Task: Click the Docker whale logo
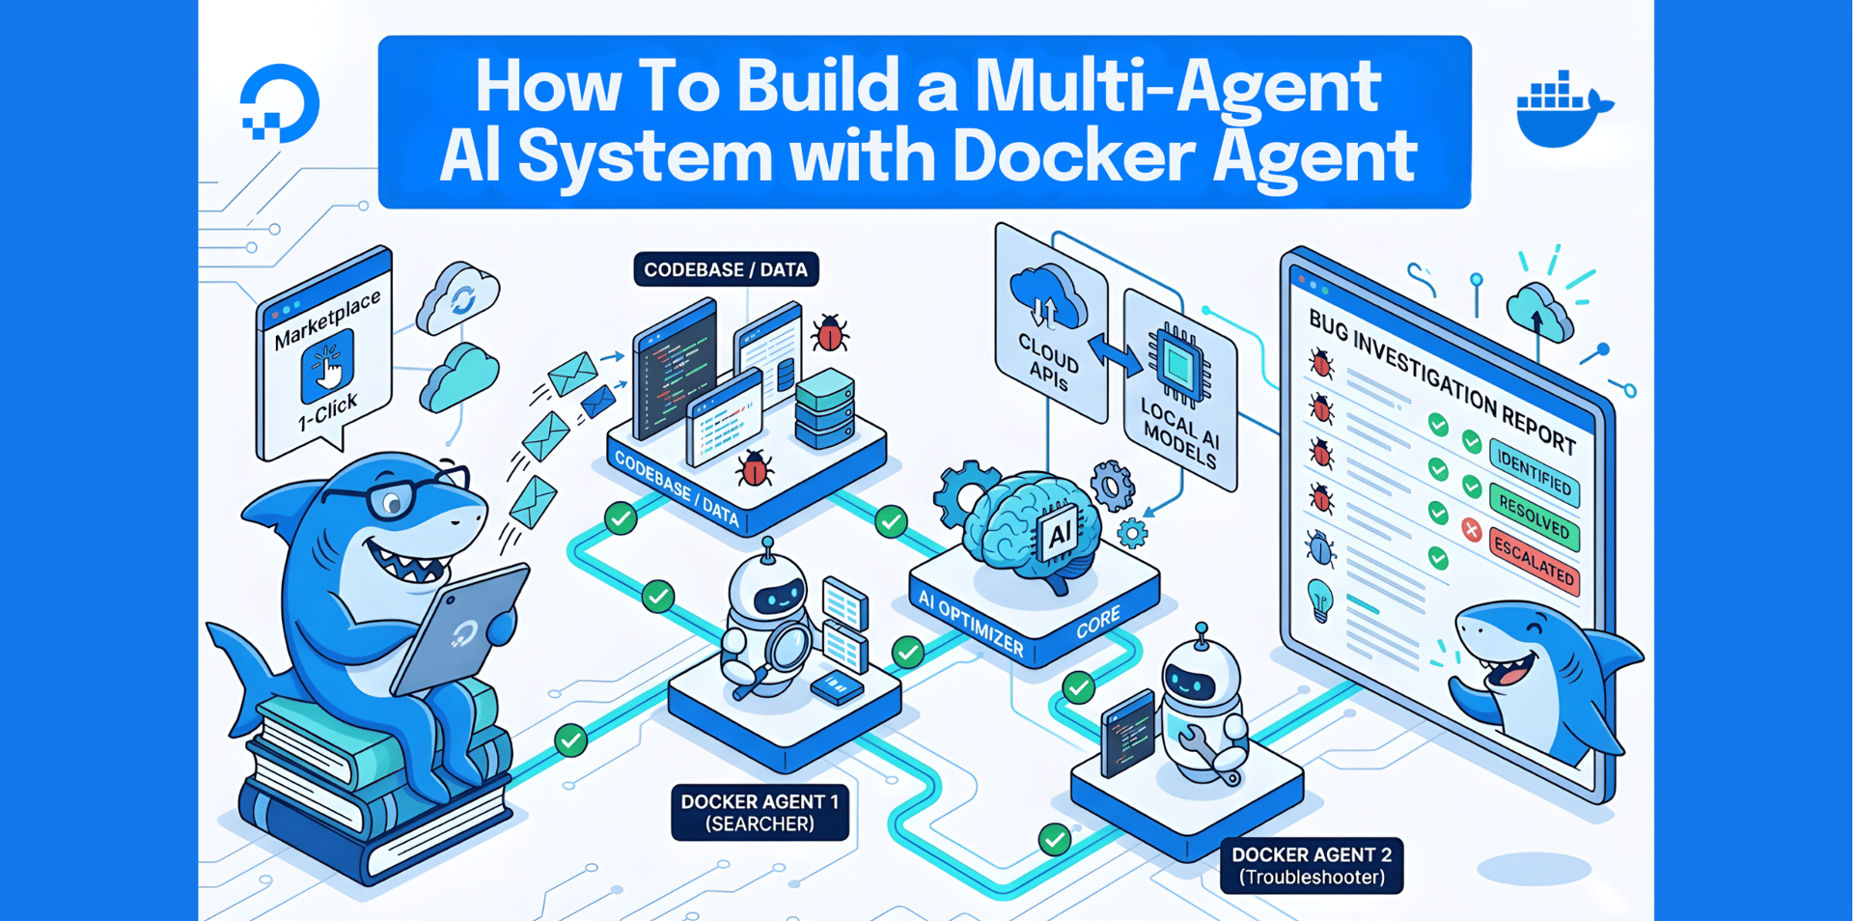[1562, 108]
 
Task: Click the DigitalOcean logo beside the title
[279, 103]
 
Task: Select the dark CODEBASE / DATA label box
[726, 269]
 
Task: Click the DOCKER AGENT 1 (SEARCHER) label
[760, 812]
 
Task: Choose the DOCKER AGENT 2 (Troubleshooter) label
[1311, 865]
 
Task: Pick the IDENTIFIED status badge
[1534, 471]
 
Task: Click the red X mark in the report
[1471, 529]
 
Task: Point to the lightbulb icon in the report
[1319, 599]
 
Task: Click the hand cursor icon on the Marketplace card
[328, 367]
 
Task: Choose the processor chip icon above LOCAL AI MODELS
[1179, 364]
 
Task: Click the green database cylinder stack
[825, 408]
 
